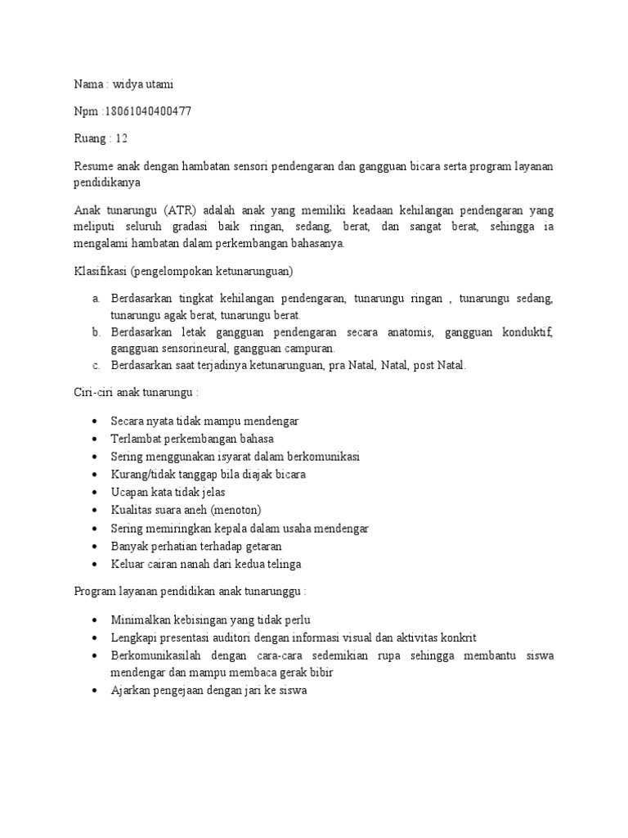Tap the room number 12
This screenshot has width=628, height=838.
pyautogui.click(x=122, y=138)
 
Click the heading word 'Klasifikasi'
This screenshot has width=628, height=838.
pyautogui.click(x=92, y=271)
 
